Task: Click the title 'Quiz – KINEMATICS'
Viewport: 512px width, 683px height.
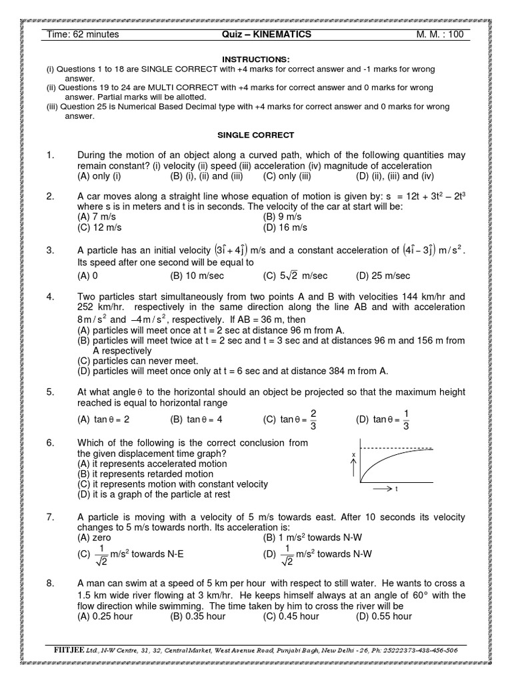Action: coord(267,35)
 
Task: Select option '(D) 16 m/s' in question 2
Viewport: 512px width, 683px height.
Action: coord(285,227)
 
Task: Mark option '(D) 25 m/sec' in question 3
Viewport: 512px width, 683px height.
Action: coord(383,275)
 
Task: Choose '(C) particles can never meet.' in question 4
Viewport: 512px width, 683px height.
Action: coord(142,361)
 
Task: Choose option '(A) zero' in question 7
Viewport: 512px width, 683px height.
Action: coord(95,537)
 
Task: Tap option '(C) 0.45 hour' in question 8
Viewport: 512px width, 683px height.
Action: coord(291,616)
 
